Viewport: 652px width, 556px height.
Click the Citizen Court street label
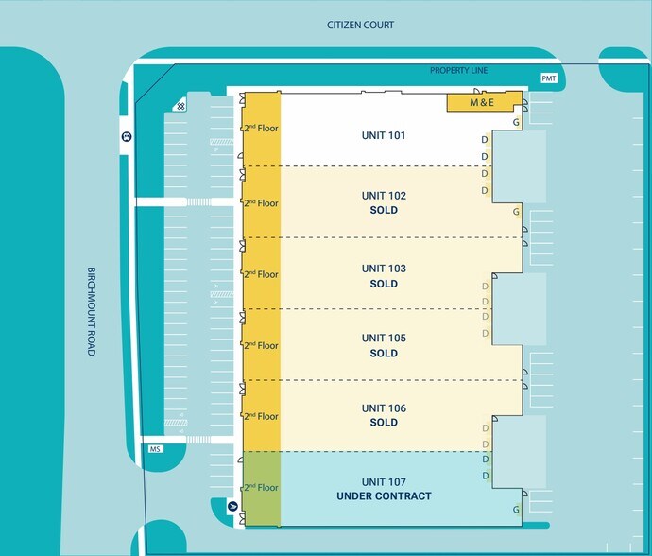coord(360,25)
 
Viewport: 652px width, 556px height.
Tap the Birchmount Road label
coord(92,311)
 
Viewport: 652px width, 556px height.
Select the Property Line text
coord(458,70)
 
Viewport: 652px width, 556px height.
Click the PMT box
coord(549,78)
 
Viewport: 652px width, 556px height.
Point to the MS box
coord(156,449)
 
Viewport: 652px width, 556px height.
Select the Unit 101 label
coord(384,135)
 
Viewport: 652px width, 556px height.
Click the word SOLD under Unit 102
coord(384,210)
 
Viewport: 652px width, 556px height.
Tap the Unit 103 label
coord(384,269)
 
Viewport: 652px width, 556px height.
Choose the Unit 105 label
coord(384,338)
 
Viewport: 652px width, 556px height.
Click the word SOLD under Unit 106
coord(384,423)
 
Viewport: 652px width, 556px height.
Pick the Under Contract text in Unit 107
coord(384,496)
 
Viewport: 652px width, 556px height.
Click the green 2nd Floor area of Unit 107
coord(262,489)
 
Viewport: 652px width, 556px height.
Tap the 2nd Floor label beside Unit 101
coord(261,128)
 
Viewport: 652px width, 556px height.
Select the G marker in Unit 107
coord(516,510)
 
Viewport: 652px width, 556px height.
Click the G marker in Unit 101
coord(516,122)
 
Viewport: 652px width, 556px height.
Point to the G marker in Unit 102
coord(516,212)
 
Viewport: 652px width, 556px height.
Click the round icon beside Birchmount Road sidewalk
coord(127,136)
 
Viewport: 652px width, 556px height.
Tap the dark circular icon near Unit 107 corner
coord(232,507)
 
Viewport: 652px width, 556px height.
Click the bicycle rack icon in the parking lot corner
coord(180,107)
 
